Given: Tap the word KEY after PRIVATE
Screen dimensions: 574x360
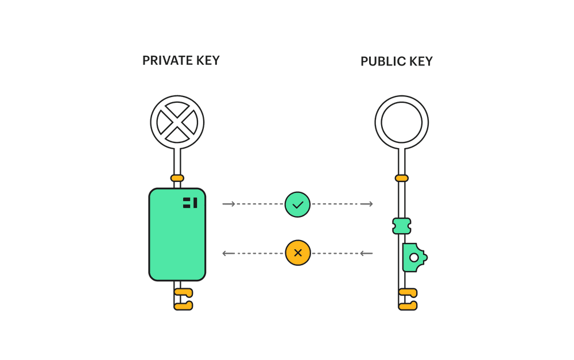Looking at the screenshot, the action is coord(208,60).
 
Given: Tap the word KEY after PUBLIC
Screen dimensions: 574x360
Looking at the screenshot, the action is coord(421,61).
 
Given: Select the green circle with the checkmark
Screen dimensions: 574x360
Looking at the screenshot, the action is coord(297,204).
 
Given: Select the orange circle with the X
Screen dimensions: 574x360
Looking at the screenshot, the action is coord(298,253).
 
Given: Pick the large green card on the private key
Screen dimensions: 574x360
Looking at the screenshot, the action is coord(177,234).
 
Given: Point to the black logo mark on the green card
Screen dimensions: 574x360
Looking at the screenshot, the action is coord(190,203).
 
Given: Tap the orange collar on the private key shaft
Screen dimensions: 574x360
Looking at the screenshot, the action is coord(177,179).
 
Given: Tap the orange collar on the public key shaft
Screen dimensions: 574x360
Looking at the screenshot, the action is coord(402,179).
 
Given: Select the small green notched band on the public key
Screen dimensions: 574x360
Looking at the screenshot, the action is coord(402,226).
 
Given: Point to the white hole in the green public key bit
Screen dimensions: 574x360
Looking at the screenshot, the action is coord(414,257).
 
